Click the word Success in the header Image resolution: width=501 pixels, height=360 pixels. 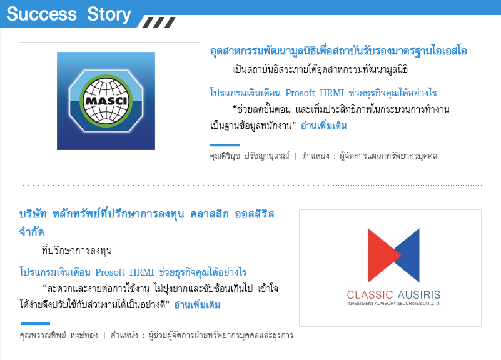[41, 14]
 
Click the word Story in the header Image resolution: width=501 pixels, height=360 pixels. [109, 14]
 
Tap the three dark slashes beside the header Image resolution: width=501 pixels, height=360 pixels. [159, 22]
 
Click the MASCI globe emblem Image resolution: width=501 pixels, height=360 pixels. [106, 101]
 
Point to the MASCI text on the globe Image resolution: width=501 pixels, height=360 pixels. [106, 101]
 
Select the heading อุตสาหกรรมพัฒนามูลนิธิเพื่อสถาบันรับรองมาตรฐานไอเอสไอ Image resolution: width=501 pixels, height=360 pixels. [338, 51]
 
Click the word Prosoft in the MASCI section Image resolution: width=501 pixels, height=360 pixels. [300, 93]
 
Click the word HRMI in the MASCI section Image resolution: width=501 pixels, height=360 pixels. [331, 93]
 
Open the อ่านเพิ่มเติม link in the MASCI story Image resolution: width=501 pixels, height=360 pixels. [323, 126]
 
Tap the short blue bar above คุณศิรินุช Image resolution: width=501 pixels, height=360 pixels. [225, 145]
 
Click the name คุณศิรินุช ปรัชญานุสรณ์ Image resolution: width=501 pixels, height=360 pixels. [250, 156]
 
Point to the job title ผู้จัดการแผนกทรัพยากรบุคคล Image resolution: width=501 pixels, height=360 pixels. [388, 156]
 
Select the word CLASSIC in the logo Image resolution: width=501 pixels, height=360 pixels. [370, 294]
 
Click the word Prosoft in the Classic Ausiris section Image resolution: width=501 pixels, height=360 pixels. [110, 272]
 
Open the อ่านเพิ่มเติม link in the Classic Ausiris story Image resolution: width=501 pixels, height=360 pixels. [197, 305]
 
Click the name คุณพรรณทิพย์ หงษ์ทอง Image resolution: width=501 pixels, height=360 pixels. [59, 335]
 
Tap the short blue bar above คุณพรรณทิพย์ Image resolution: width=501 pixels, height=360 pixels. [35, 324]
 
